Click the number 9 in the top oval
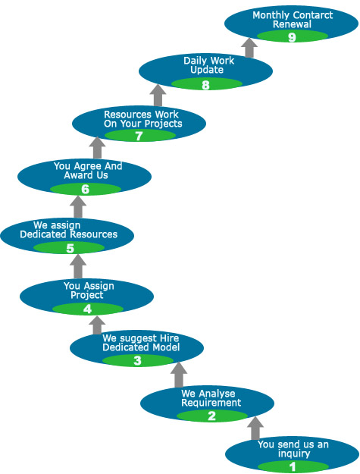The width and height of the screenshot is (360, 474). (292, 37)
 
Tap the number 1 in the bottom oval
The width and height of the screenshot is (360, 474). (293, 466)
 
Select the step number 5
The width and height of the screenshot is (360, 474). (70, 249)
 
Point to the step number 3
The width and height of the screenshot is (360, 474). (137, 361)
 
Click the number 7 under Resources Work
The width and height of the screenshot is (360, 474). (139, 136)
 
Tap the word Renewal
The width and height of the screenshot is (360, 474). (292, 24)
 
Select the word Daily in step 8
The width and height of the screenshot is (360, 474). (194, 61)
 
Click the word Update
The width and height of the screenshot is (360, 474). (207, 70)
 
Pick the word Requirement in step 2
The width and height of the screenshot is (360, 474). (211, 403)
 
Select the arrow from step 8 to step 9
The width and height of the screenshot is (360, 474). (249, 48)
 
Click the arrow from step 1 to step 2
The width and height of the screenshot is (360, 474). (255, 428)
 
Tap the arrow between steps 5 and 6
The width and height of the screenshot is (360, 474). (78, 207)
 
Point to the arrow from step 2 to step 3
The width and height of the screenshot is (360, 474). (179, 375)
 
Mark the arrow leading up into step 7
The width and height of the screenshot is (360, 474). (97, 148)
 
